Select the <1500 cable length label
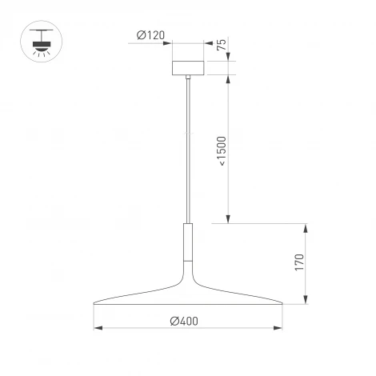click(222, 151)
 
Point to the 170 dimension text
click(298, 265)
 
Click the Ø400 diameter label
click(185, 321)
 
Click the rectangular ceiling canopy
click(189, 65)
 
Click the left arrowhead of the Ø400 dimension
click(98, 327)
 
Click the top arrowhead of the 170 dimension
click(306, 227)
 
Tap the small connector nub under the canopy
click(189, 78)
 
